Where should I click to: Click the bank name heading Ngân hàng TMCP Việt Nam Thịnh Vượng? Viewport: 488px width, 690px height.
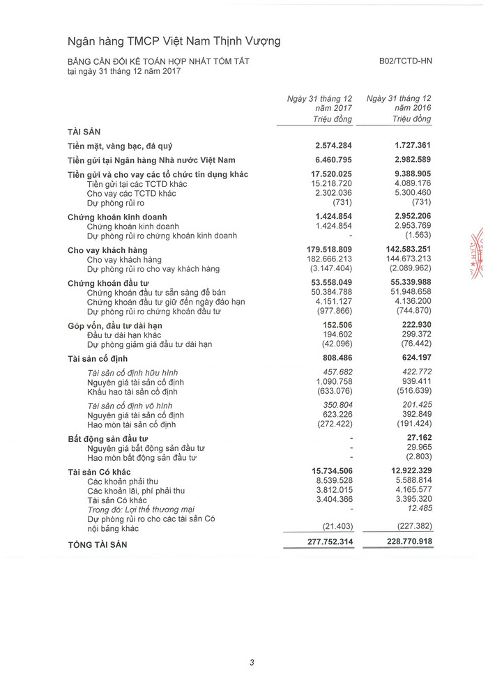pos(174,41)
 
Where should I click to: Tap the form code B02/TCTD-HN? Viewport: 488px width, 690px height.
pos(406,61)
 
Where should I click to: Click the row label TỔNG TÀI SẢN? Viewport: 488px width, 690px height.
pos(98,544)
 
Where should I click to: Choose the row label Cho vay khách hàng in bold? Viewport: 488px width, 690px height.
pos(107,250)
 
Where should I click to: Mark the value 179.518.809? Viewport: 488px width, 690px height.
pos(330,250)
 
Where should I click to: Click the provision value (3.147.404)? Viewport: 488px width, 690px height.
pos(330,268)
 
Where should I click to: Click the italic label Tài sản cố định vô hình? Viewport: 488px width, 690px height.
pos(130,406)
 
